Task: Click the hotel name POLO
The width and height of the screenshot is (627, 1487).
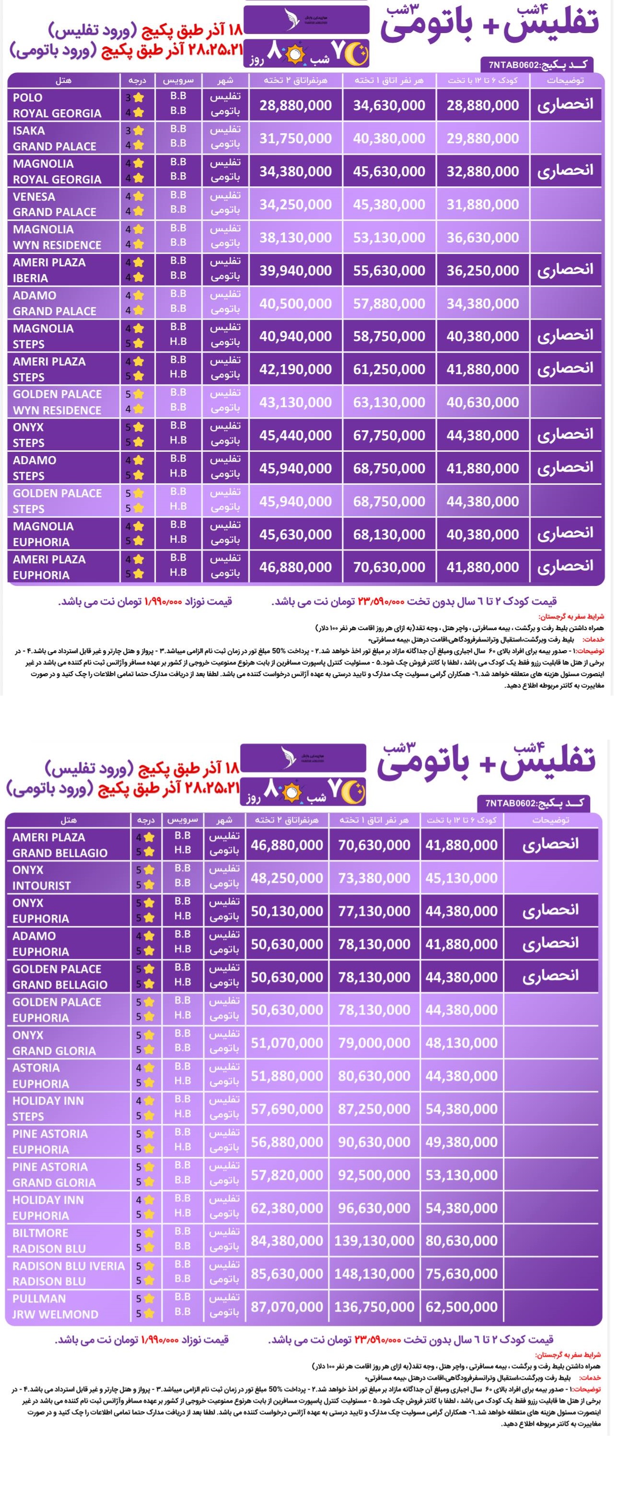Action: [28, 98]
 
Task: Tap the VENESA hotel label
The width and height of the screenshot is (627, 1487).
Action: [34, 197]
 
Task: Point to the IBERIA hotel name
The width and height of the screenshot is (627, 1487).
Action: [31, 278]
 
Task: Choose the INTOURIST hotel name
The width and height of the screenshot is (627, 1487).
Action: [42, 885]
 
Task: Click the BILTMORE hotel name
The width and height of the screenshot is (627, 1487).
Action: [40, 1233]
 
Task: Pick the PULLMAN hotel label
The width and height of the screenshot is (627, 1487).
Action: [39, 1298]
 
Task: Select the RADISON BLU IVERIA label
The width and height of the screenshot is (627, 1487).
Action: [69, 1266]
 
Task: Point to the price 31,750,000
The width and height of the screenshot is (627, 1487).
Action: [296, 138]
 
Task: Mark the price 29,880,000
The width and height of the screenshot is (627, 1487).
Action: [483, 138]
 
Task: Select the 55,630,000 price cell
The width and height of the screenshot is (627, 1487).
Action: [389, 271]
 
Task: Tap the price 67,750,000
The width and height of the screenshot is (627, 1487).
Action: [389, 436]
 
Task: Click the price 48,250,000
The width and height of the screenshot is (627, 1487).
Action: [287, 878]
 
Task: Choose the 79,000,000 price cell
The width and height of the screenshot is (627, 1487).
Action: [374, 1043]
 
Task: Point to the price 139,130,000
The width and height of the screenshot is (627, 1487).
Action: [374, 1240]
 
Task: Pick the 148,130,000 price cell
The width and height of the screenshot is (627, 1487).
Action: [374, 1273]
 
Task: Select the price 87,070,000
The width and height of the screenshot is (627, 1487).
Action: [287, 1306]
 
